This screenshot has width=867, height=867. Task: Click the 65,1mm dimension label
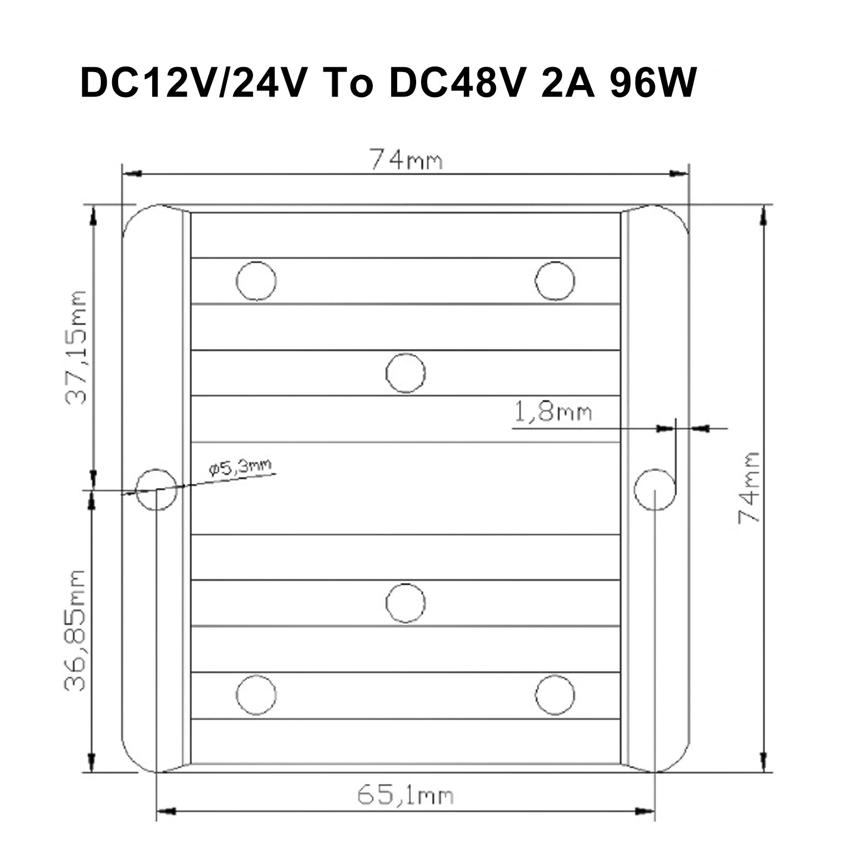405,795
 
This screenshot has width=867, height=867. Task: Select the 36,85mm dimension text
75,630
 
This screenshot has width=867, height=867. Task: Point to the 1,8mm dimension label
552,413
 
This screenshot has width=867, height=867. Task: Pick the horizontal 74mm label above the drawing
406,160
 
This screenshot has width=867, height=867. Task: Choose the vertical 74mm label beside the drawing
749,487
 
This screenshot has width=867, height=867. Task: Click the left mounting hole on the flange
156,489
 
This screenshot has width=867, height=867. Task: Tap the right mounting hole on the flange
655,489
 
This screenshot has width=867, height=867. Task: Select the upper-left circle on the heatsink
256,281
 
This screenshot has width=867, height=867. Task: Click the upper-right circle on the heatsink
554,281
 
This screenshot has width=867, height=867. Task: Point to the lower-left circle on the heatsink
256,695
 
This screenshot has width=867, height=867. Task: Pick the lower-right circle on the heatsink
554,695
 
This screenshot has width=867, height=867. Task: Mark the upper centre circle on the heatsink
405,373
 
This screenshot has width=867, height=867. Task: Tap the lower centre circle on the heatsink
405,603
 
